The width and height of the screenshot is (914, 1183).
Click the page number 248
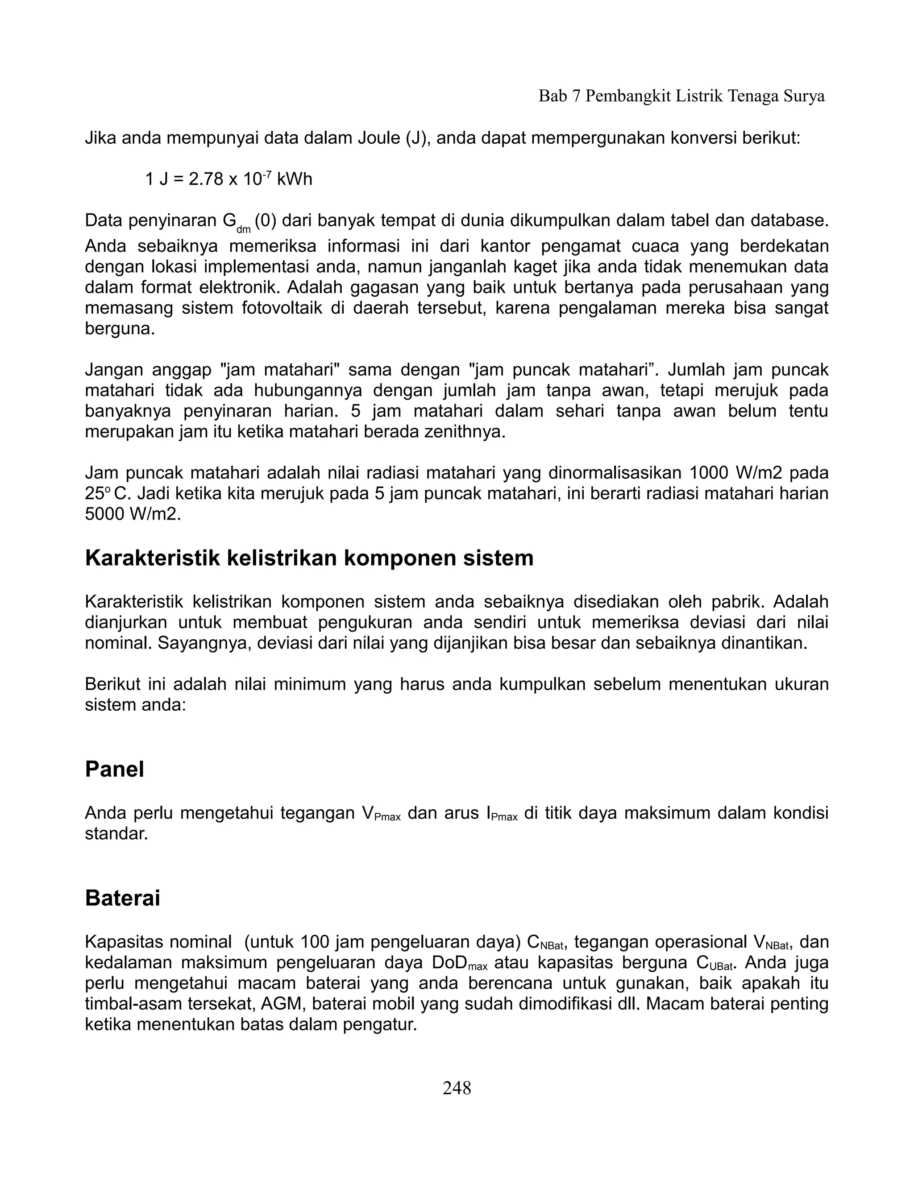point(457,1087)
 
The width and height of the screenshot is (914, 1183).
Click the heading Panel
point(114,769)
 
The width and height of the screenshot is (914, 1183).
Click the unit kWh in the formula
point(294,179)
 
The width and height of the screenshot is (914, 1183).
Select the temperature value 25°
point(97,493)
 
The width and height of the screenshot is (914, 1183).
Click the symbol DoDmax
point(460,963)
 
